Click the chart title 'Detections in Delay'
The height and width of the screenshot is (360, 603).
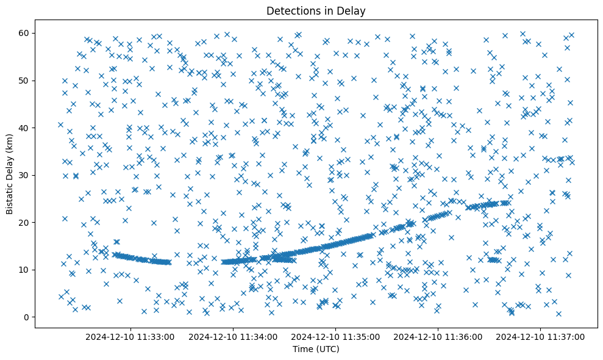316,10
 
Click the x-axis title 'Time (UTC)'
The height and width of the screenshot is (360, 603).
316,349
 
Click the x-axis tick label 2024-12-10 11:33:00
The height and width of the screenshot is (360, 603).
130,336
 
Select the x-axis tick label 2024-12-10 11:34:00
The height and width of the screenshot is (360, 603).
233,336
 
